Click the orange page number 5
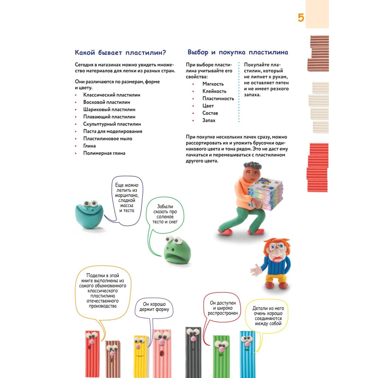click(301, 18)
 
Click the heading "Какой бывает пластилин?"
click(120, 53)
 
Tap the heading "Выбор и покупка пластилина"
click(238, 52)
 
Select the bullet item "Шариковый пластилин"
click(109, 109)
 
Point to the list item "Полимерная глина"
click(104, 153)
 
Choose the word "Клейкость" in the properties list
click(214, 91)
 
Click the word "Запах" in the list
click(209, 120)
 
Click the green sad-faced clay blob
click(176, 251)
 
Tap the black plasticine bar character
click(193, 353)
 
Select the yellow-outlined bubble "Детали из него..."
click(268, 316)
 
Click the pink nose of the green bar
click(221, 349)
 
